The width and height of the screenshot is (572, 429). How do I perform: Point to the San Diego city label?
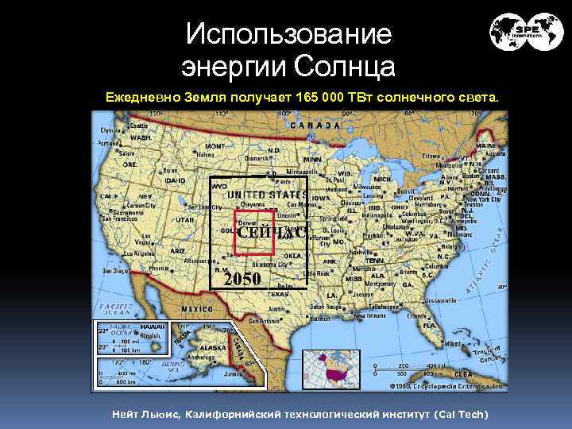116,270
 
